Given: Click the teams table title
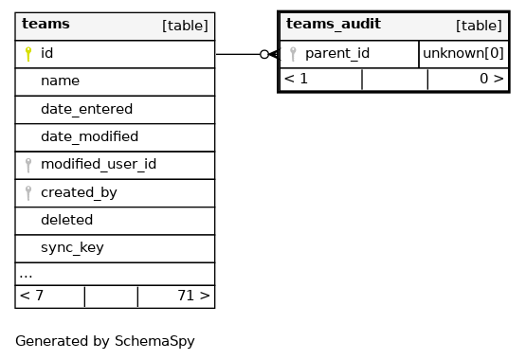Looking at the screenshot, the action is pyautogui.click(x=45, y=24).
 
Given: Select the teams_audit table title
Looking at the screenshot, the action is pyautogui.click(x=333, y=24).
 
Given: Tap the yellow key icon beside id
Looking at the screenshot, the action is pyautogui.click(x=28, y=54).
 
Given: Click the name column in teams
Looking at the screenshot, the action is pyautogui.click(x=60, y=81).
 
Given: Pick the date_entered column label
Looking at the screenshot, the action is pyautogui.click(x=86, y=109).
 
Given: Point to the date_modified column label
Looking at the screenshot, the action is pyautogui.click(x=90, y=136).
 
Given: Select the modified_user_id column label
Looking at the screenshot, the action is pyautogui.click(x=99, y=164).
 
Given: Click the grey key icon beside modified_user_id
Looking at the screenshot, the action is pyautogui.click(x=28, y=165).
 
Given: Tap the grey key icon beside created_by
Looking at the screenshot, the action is pyautogui.click(x=28, y=193).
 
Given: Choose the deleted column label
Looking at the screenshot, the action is pyautogui.click(x=66, y=220).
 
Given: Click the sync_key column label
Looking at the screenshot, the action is pyautogui.click(x=72, y=247).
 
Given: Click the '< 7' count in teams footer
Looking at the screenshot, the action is pyautogui.click(x=31, y=296).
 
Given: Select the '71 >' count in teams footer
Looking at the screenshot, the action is pyautogui.click(x=193, y=296).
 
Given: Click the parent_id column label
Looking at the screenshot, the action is pyautogui.click(x=337, y=53).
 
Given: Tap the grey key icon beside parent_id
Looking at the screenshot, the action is pyautogui.click(x=293, y=54).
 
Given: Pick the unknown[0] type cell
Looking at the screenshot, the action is pyautogui.click(x=463, y=53).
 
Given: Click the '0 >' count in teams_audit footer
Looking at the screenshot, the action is pyautogui.click(x=492, y=79).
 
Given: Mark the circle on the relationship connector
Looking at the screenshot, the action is pyautogui.click(x=264, y=54).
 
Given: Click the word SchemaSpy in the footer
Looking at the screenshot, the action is pyautogui.click(x=154, y=341).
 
